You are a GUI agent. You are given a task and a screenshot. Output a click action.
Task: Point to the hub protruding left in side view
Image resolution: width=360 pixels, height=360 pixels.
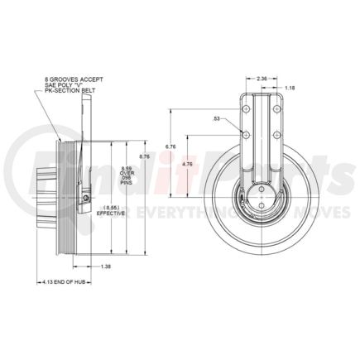point(44,199)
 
